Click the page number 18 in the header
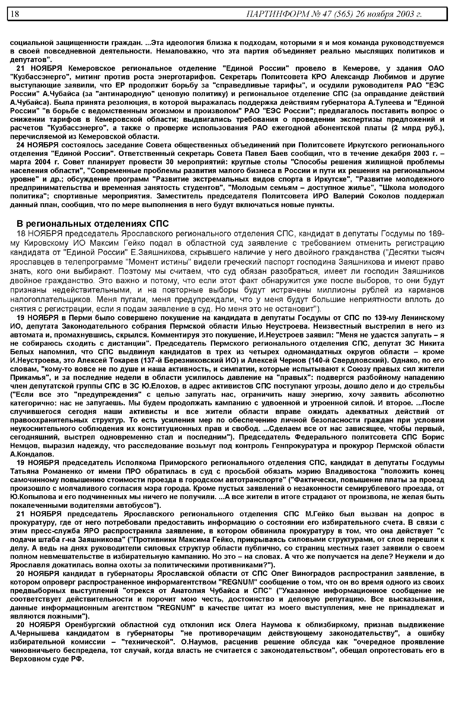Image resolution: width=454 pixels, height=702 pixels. tap(15, 14)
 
